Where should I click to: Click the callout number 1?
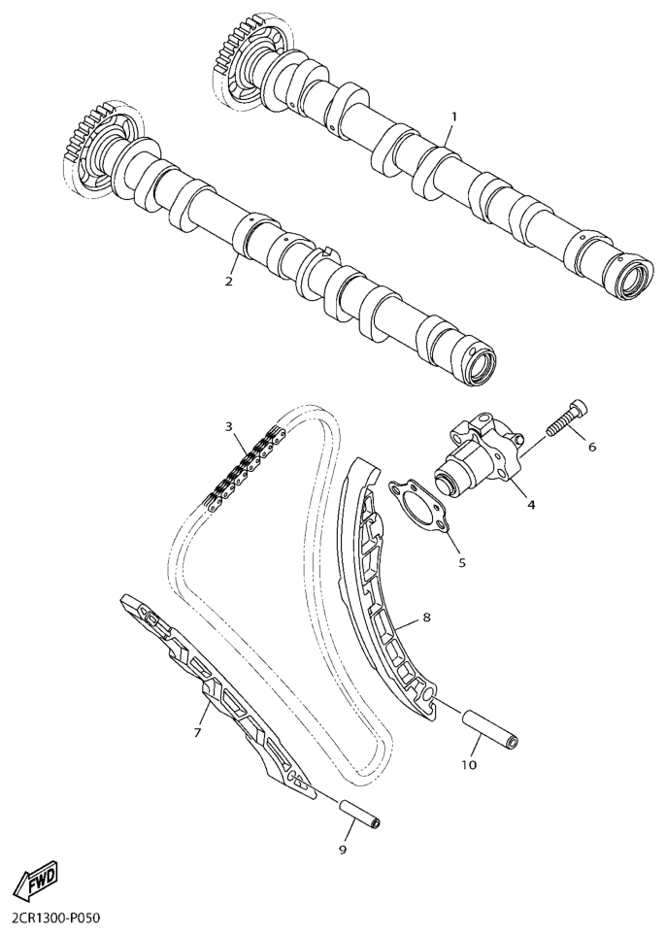coord(453,117)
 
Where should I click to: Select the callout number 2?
coord(228,281)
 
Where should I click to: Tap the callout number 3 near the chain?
coord(228,426)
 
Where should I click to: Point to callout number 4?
coord(531,505)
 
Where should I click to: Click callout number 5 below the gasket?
coord(462,562)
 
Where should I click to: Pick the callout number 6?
coord(592,446)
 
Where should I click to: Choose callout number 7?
coord(197,731)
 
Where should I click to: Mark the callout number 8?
coord(426,618)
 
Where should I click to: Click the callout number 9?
coord(343,850)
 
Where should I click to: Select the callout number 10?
coord(469,764)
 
